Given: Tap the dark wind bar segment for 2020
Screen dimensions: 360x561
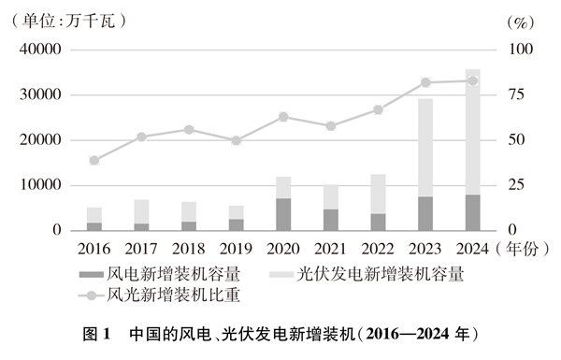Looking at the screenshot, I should pyautogui.click(x=282, y=214).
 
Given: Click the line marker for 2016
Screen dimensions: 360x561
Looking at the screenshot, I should pyautogui.click(x=94, y=160).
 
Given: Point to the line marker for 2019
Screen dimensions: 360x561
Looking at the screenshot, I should pyautogui.click(x=236, y=140).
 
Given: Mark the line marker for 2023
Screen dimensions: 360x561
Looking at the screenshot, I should pyautogui.click(x=424, y=82).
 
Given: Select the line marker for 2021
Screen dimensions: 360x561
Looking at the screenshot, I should pyautogui.click(x=330, y=125).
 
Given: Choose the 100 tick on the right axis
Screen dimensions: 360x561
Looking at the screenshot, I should pyautogui.click(x=519, y=50).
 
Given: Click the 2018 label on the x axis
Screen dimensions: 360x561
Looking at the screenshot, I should pyautogui.click(x=188, y=249).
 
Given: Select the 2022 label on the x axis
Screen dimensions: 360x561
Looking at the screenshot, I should pyautogui.click(x=377, y=249).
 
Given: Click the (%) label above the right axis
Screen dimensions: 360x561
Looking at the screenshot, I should pyautogui.click(x=519, y=20).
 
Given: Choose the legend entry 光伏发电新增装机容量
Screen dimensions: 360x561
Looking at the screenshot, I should pyautogui.click(x=379, y=275).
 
